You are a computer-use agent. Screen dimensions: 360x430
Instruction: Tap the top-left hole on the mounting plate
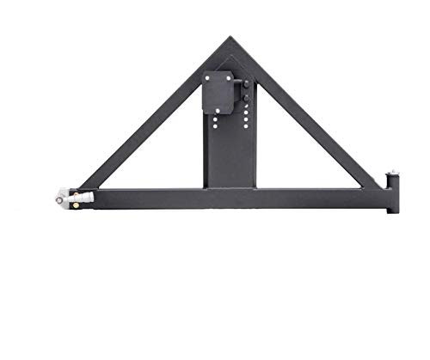pyautogui.click(x=206, y=78)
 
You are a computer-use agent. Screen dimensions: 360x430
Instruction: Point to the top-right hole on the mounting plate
pyautogui.click(x=229, y=78)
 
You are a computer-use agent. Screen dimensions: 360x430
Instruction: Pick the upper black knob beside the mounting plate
pyautogui.click(x=245, y=84)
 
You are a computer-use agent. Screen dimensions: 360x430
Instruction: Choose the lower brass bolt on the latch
pyautogui.click(x=80, y=204)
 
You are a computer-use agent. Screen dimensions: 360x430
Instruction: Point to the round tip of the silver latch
pyautogui.click(x=60, y=198)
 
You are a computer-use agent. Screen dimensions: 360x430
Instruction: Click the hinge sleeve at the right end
pyautogui.click(x=394, y=192)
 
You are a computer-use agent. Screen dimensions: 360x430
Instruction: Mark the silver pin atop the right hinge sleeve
pyautogui.click(x=393, y=174)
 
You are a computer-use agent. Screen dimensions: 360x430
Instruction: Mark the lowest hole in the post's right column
pyautogui.click(x=247, y=127)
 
